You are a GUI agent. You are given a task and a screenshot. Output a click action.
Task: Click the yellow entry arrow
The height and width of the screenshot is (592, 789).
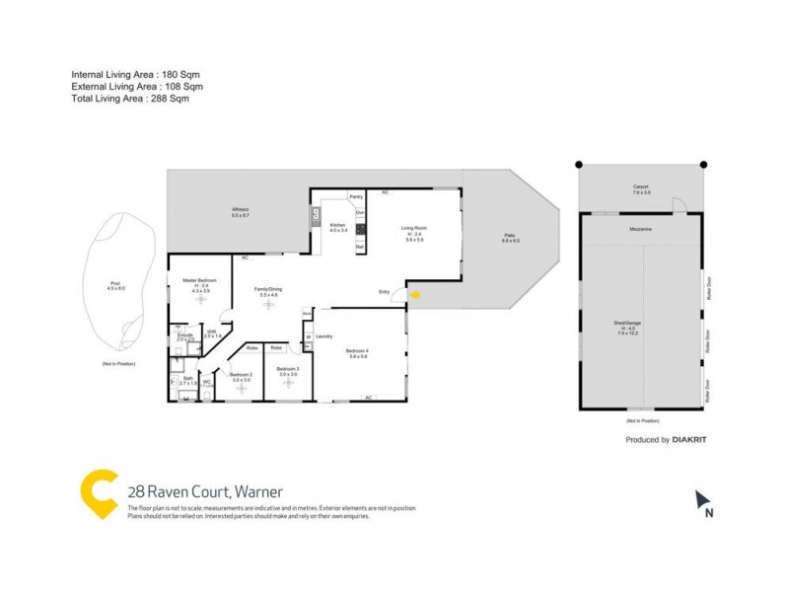click(x=414, y=294)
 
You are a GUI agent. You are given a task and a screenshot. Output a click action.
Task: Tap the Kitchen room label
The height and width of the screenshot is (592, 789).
click(x=338, y=225)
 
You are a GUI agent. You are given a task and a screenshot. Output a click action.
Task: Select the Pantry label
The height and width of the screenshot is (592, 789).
click(x=356, y=197)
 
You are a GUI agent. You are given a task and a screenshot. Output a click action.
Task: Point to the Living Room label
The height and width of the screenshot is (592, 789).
click(x=413, y=228)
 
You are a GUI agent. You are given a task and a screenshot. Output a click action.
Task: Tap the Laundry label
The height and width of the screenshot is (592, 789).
click(x=323, y=336)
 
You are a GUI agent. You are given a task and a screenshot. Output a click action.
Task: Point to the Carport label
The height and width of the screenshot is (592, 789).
click(x=640, y=186)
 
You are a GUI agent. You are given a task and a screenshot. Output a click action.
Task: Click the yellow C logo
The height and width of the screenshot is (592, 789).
click(x=100, y=493)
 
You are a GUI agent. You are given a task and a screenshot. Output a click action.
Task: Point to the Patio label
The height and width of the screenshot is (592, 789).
click(x=510, y=236)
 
